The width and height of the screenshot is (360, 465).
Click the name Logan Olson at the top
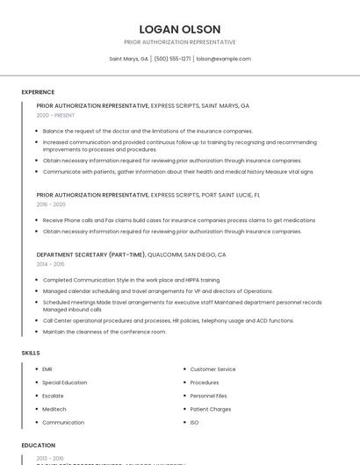(x=180, y=29)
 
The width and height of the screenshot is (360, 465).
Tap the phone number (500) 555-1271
(x=172, y=59)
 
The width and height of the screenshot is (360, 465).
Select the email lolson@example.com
(x=224, y=59)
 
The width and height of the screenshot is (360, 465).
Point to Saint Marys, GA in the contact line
(x=128, y=59)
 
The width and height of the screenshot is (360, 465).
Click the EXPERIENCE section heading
(x=38, y=92)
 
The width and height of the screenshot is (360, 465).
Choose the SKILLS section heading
(x=31, y=353)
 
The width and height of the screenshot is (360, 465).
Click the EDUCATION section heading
(x=39, y=446)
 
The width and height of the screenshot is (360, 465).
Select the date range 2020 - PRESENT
(x=55, y=115)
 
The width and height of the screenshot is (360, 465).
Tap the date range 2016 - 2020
(x=51, y=204)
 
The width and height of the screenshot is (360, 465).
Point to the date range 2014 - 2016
(x=50, y=263)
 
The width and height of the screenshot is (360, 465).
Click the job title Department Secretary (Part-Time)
(x=90, y=254)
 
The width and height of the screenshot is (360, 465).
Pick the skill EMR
(x=47, y=369)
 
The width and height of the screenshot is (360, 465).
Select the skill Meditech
(x=54, y=409)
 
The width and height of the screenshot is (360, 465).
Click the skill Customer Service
(x=212, y=369)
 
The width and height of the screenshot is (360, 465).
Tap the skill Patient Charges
(x=211, y=409)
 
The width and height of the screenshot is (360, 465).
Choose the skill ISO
(x=194, y=422)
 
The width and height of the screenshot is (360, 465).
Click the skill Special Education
(x=64, y=383)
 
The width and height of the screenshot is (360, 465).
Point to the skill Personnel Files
(x=208, y=396)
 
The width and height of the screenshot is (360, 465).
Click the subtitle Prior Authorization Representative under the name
(x=180, y=42)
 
